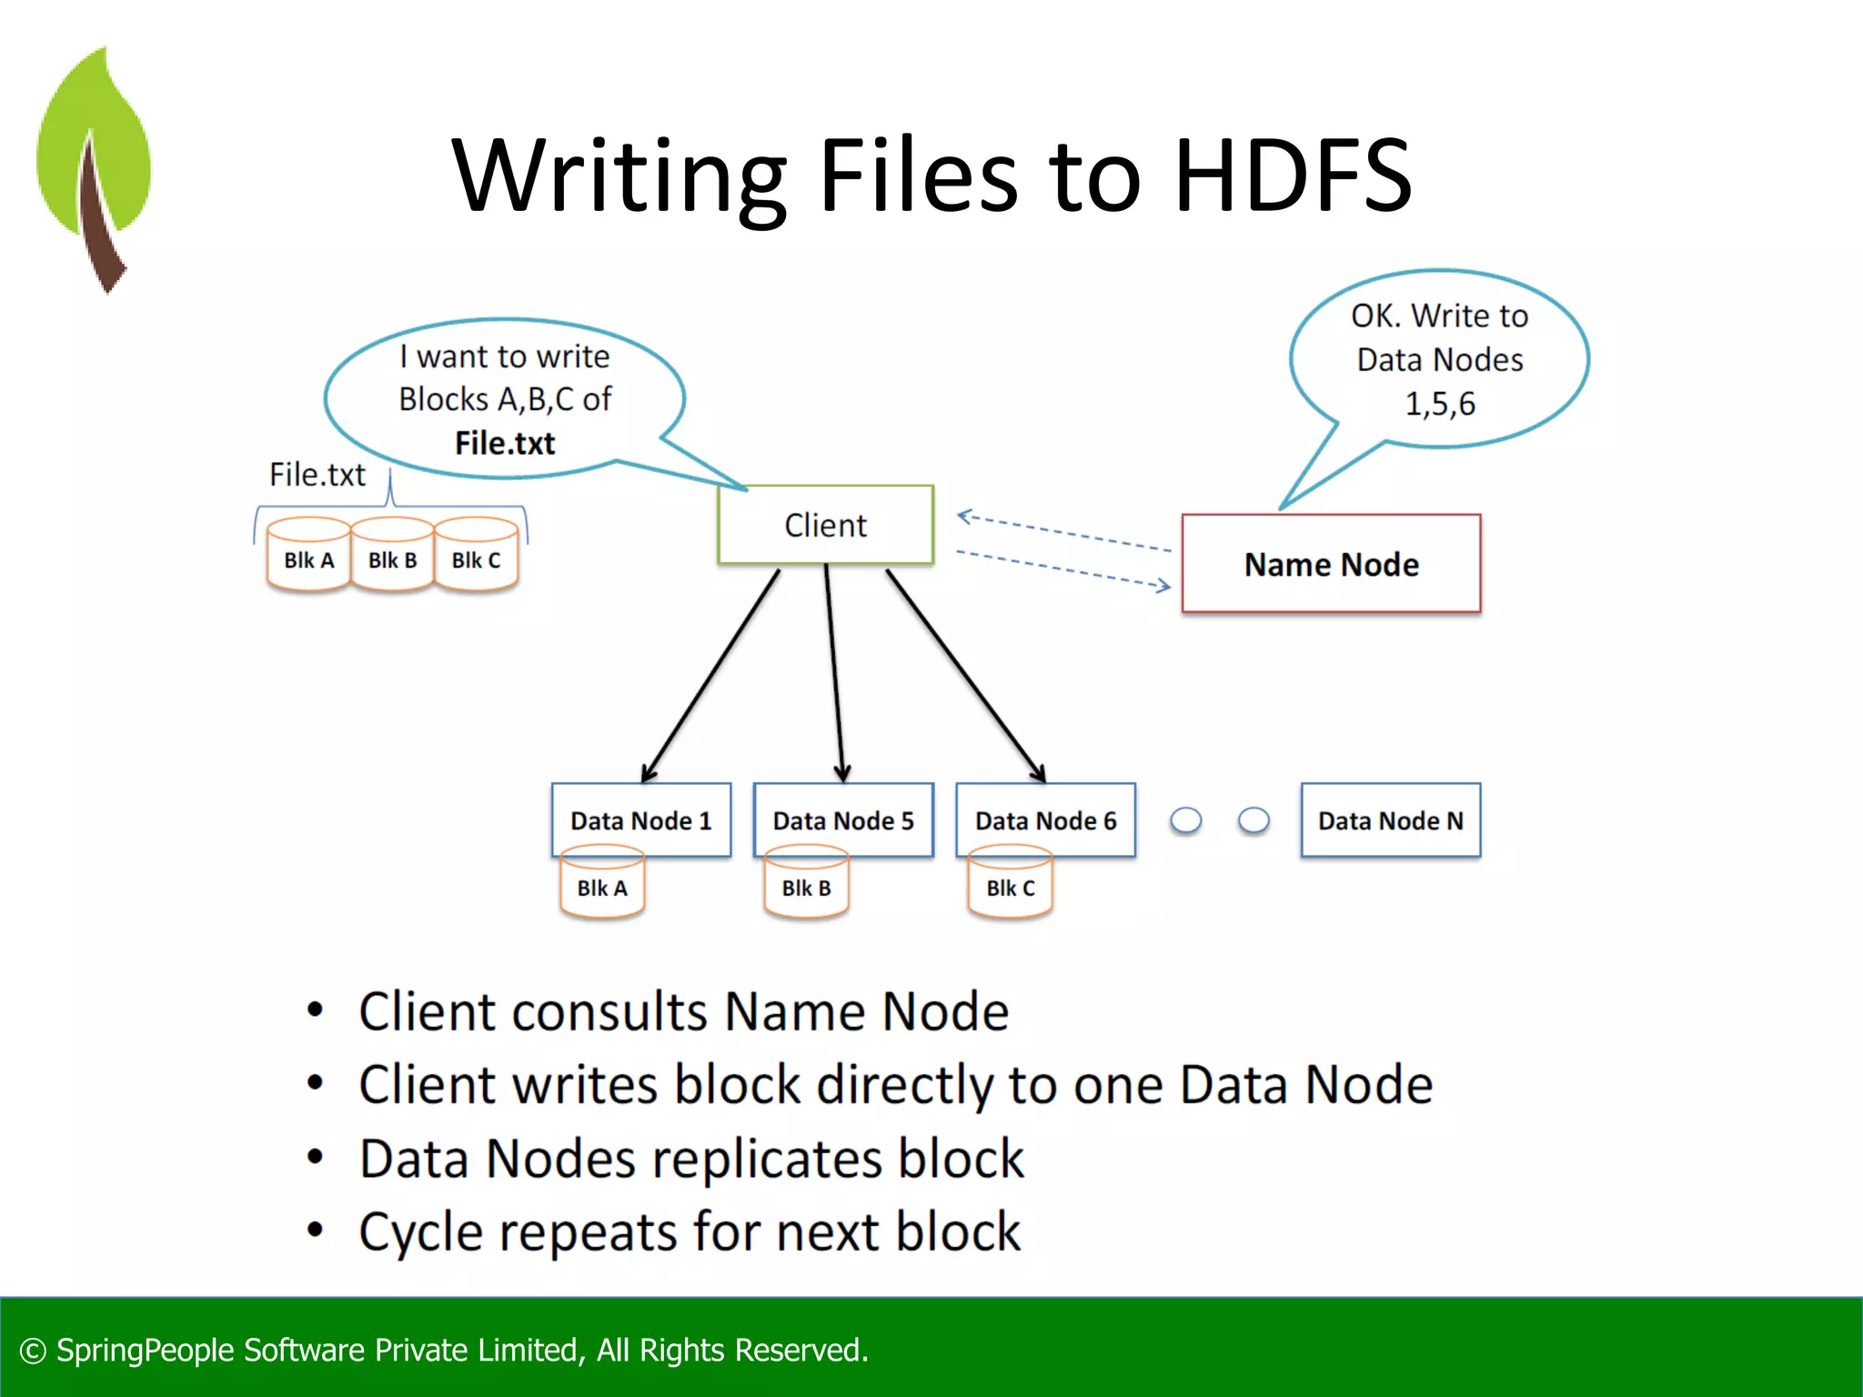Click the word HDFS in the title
click(x=1292, y=175)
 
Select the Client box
click(x=825, y=525)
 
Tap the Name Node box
click(x=1331, y=564)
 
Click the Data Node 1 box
click(x=640, y=819)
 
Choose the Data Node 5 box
click(x=843, y=819)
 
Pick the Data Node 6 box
click(x=1045, y=819)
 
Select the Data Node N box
click(x=1390, y=819)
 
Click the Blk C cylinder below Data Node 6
click(x=1010, y=884)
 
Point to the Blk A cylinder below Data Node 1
click(x=601, y=884)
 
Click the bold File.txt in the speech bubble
click(x=505, y=443)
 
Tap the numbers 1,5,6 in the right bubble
click(x=1440, y=403)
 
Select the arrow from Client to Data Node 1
click(x=710, y=676)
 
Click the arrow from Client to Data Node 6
click(x=966, y=676)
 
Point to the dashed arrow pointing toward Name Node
click(x=1064, y=568)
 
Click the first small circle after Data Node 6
click(x=1185, y=820)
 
